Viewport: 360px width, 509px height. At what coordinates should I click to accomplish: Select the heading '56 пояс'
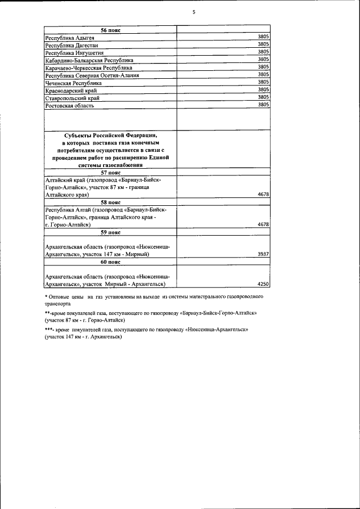(111, 29)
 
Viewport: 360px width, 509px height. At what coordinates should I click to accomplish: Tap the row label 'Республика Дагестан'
(69, 45)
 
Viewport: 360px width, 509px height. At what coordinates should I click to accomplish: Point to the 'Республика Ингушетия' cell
(70, 52)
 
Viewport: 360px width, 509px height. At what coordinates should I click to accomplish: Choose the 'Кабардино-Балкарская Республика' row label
(89, 60)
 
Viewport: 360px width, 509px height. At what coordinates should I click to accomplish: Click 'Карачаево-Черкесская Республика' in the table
(89, 67)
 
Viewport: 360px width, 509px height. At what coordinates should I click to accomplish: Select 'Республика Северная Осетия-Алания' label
(92, 75)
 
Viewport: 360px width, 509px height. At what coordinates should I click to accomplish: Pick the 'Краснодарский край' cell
(68, 91)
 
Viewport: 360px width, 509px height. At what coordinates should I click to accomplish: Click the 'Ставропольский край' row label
(68, 98)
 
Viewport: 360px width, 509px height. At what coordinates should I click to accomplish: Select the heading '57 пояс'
(111, 173)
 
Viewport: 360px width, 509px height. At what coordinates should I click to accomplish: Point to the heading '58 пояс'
(111, 202)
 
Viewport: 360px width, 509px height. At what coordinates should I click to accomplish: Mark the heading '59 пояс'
(111, 231)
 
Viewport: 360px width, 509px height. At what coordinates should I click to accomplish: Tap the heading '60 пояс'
(111, 262)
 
